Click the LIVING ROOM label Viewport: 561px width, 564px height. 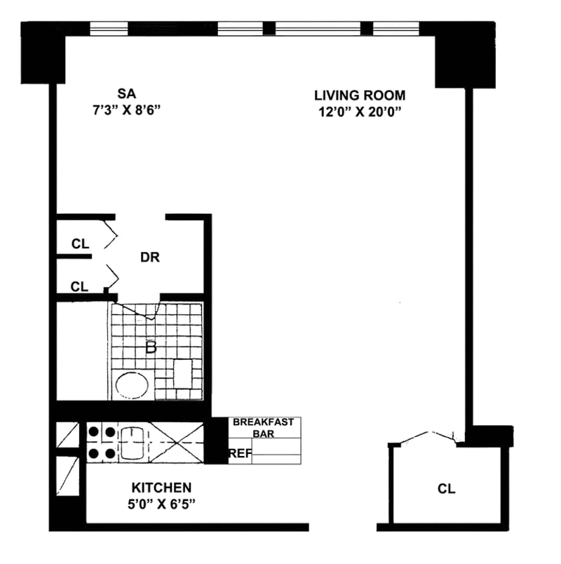360,95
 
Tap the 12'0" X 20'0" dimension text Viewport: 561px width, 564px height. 360,111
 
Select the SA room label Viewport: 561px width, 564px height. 126,92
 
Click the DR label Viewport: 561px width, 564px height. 150,257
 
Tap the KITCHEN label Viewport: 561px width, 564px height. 161,487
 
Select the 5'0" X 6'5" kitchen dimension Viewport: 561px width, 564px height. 161,503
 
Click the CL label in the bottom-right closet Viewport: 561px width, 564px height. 446,488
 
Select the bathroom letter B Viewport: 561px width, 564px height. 150,347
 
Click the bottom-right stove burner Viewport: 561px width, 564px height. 110,453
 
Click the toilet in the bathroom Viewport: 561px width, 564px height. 183,372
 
